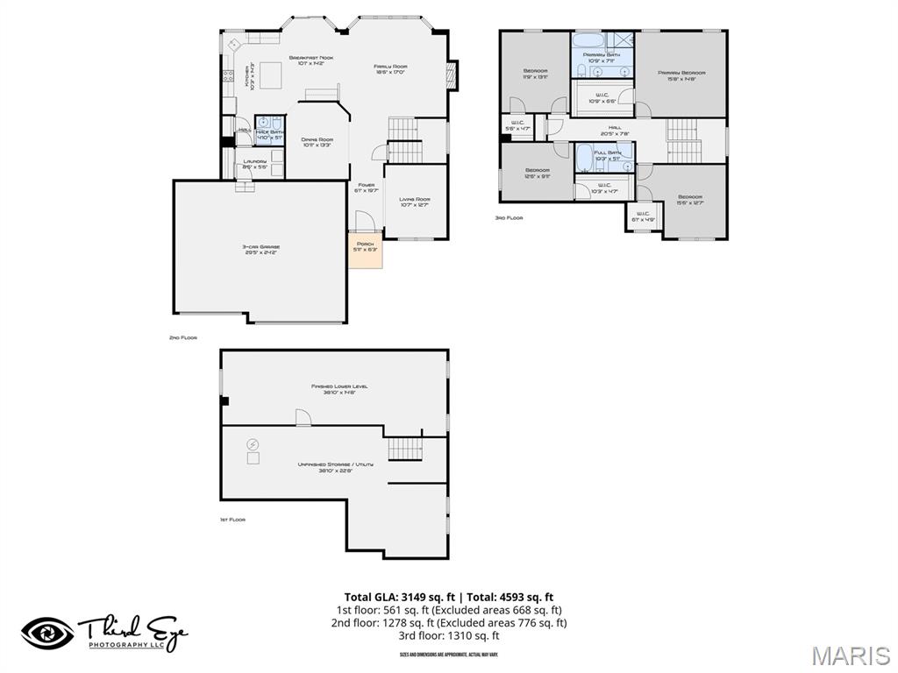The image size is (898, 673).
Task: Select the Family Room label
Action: point(390,69)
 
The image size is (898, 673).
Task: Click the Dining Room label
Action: point(317,142)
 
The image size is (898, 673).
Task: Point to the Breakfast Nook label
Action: point(311,60)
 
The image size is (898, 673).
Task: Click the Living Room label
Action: point(415,202)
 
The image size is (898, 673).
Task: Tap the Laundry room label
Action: point(254,164)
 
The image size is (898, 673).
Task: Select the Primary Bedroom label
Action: point(681,75)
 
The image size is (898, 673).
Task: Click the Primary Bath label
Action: point(602,57)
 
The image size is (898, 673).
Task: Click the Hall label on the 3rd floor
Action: point(615,131)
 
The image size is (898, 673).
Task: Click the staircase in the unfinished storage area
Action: point(405,449)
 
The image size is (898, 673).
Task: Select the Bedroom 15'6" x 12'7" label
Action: point(690,199)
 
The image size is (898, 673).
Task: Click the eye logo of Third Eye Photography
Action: point(47,634)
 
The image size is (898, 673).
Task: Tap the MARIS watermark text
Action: point(851,655)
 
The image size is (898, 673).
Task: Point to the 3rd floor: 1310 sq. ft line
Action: point(448,635)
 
